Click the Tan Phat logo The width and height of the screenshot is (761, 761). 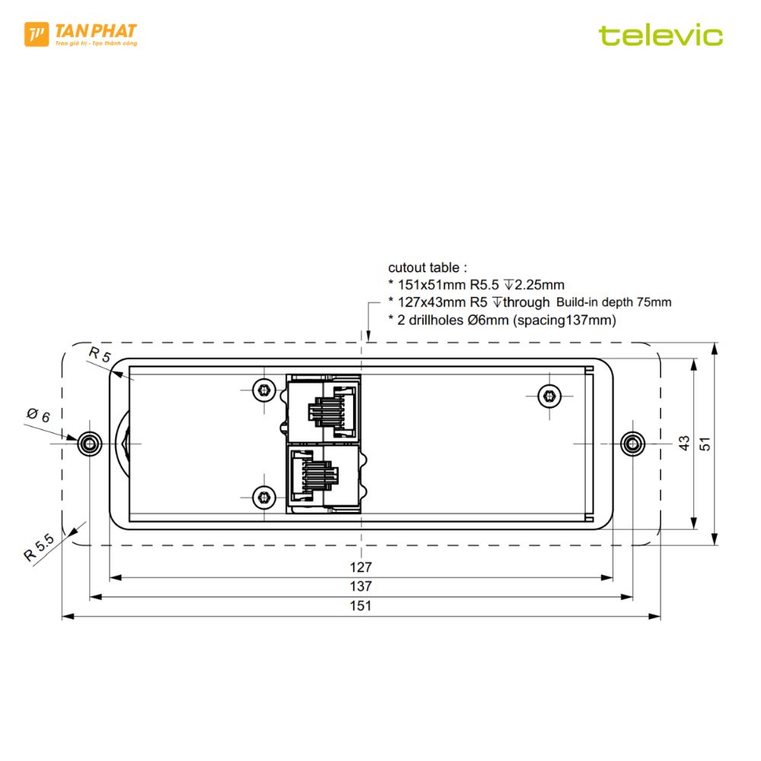point(81,34)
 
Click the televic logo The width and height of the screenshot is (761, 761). point(661,36)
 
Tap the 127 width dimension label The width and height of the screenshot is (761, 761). point(361,567)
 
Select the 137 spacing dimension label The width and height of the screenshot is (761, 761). point(361,586)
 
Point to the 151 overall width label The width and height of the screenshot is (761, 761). point(361,606)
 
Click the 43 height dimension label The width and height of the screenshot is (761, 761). point(684,443)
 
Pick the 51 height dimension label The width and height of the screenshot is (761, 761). point(705,444)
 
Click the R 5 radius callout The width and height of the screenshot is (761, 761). point(100,355)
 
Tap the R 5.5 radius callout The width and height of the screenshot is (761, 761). point(40,547)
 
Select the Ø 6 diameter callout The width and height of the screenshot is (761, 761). point(38,416)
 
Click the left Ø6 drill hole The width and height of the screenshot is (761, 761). point(90,444)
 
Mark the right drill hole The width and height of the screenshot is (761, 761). point(633,444)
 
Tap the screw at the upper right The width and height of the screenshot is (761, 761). point(549,396)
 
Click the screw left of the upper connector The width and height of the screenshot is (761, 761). point(264,390)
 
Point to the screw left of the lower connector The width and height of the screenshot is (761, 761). point(264,498)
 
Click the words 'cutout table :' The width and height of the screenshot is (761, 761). point(427,267)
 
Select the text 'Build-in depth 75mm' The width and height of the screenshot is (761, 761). point(614,302)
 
